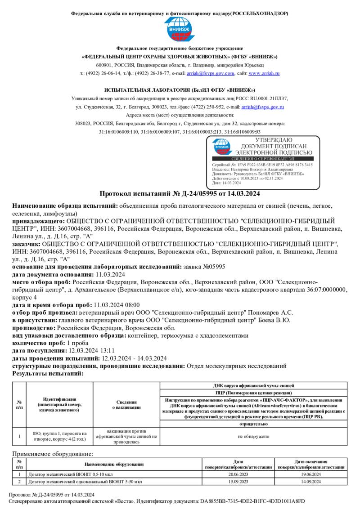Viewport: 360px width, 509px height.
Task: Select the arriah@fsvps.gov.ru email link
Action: click(262, 107)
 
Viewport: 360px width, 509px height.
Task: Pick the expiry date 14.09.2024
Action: click(310, 482)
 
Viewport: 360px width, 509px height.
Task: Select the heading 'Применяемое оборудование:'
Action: click(52, 455)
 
